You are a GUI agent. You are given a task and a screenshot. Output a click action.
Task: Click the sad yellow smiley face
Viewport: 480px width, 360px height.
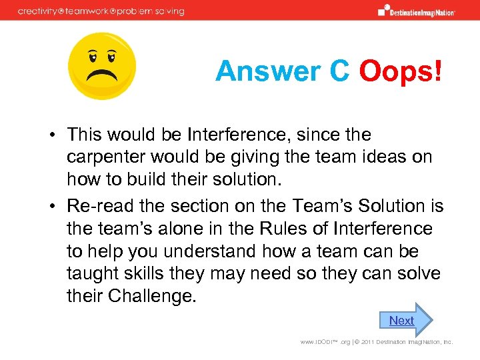pos(102,66)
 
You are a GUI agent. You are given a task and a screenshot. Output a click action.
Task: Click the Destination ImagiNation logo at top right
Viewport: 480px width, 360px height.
pos(417,10)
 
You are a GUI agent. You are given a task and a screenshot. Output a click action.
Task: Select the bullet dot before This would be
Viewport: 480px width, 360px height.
pos(51,135)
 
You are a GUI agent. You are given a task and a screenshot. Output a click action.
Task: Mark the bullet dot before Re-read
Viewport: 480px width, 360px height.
pos(51,207)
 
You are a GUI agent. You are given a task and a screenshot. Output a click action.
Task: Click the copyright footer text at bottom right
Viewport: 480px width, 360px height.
pos(376,342)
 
